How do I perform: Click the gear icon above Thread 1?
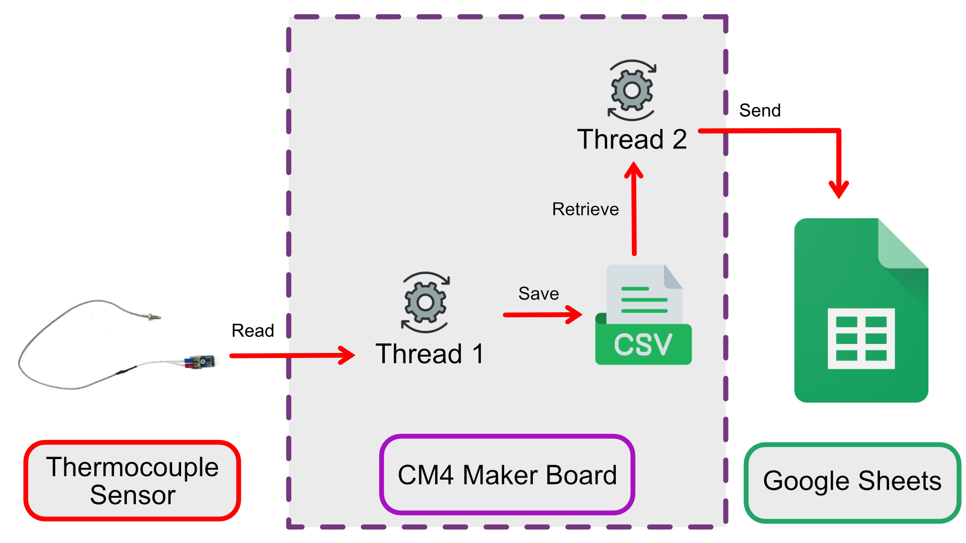[x=426, y=302]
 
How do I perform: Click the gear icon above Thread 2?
[x=632, y=90]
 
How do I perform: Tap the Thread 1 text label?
[x=430, y=353]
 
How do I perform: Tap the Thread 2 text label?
[x=632, y=139]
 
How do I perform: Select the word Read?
[x=253, y=331]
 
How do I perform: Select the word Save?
[x=538, y=294]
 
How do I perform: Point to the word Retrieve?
[x=585, y=209]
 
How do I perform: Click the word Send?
[x=760, y=111]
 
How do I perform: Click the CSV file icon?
[x=643, y=315]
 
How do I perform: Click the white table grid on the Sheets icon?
[x=861, y=338]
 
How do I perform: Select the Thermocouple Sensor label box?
[x=132, y=481]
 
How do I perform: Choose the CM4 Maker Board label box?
[x=507, y=475]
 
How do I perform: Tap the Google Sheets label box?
[x=852, y=481]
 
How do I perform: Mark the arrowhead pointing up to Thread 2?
[x=633, y=169]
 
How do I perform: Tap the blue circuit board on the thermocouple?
[x=201, y=361]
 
